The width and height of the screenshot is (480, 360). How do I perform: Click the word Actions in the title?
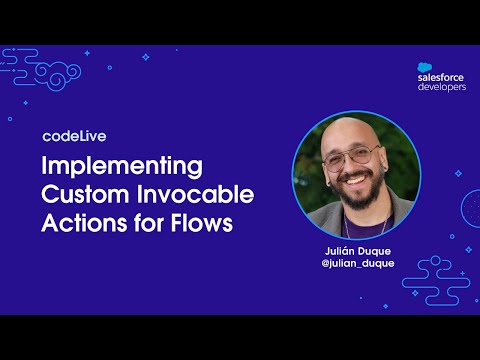[x=77, y=222]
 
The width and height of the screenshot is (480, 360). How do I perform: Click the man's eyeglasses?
[x=352, y=159]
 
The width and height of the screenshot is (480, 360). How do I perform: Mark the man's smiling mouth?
[x=356, y=184]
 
